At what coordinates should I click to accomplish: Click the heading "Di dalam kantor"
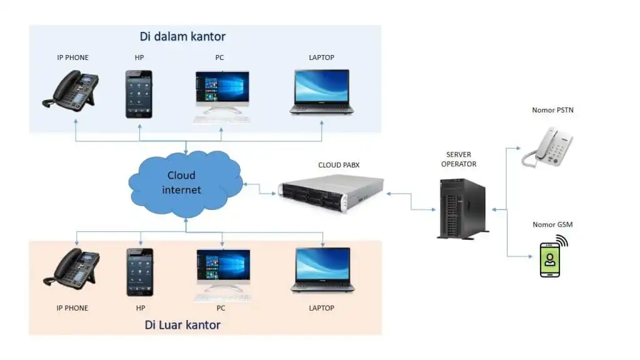[182, 36]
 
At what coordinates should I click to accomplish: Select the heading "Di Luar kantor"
[182, 325]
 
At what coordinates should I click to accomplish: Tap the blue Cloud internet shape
[185, 182]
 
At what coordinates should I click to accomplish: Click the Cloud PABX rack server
[331, 194]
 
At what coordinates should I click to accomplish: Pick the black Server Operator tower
[461, 207]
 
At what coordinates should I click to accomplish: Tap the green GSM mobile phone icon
[550, 259]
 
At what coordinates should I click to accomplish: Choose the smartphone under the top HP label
[139, 94]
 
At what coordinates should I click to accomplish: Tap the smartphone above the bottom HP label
[139, 272]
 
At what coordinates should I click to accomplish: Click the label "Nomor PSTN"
[552, 111]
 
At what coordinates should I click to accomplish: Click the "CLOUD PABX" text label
[339, 165]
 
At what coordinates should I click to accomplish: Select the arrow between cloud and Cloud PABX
[261, 189]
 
